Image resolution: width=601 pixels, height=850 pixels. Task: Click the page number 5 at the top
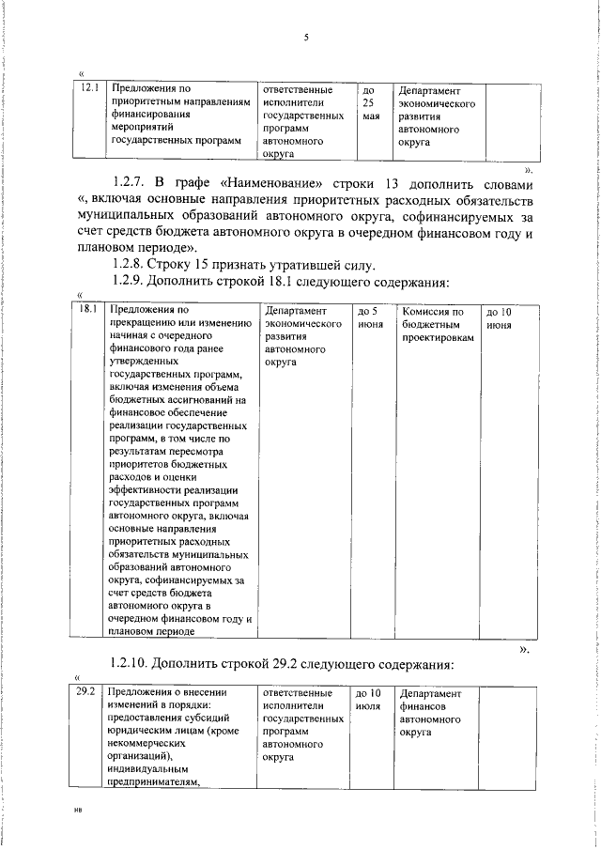306,38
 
